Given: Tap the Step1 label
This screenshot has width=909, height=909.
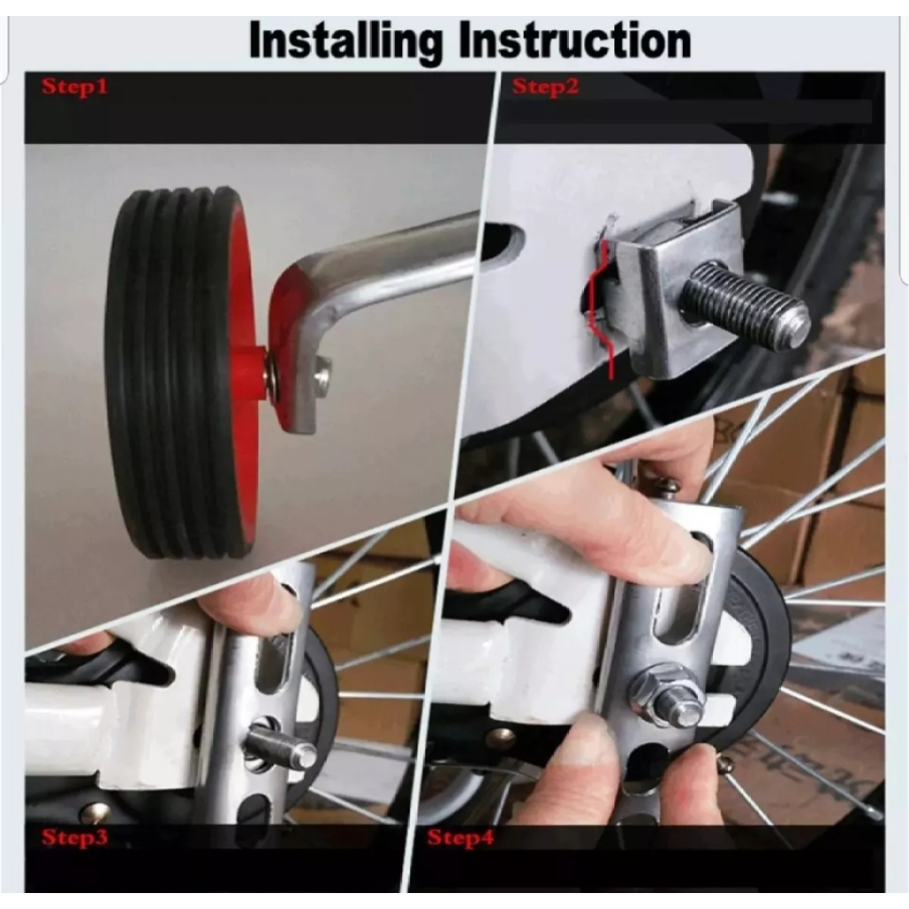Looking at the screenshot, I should tap(75, 87).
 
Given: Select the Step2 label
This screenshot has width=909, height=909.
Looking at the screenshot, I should tap(545, 87).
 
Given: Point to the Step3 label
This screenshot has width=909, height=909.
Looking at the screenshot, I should tap(75, 837).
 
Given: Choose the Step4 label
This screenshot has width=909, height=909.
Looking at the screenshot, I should tap(460, 837).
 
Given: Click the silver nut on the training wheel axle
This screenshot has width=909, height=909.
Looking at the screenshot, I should tap(321, 376).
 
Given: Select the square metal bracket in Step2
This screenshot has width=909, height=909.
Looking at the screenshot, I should tap(661, 293).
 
